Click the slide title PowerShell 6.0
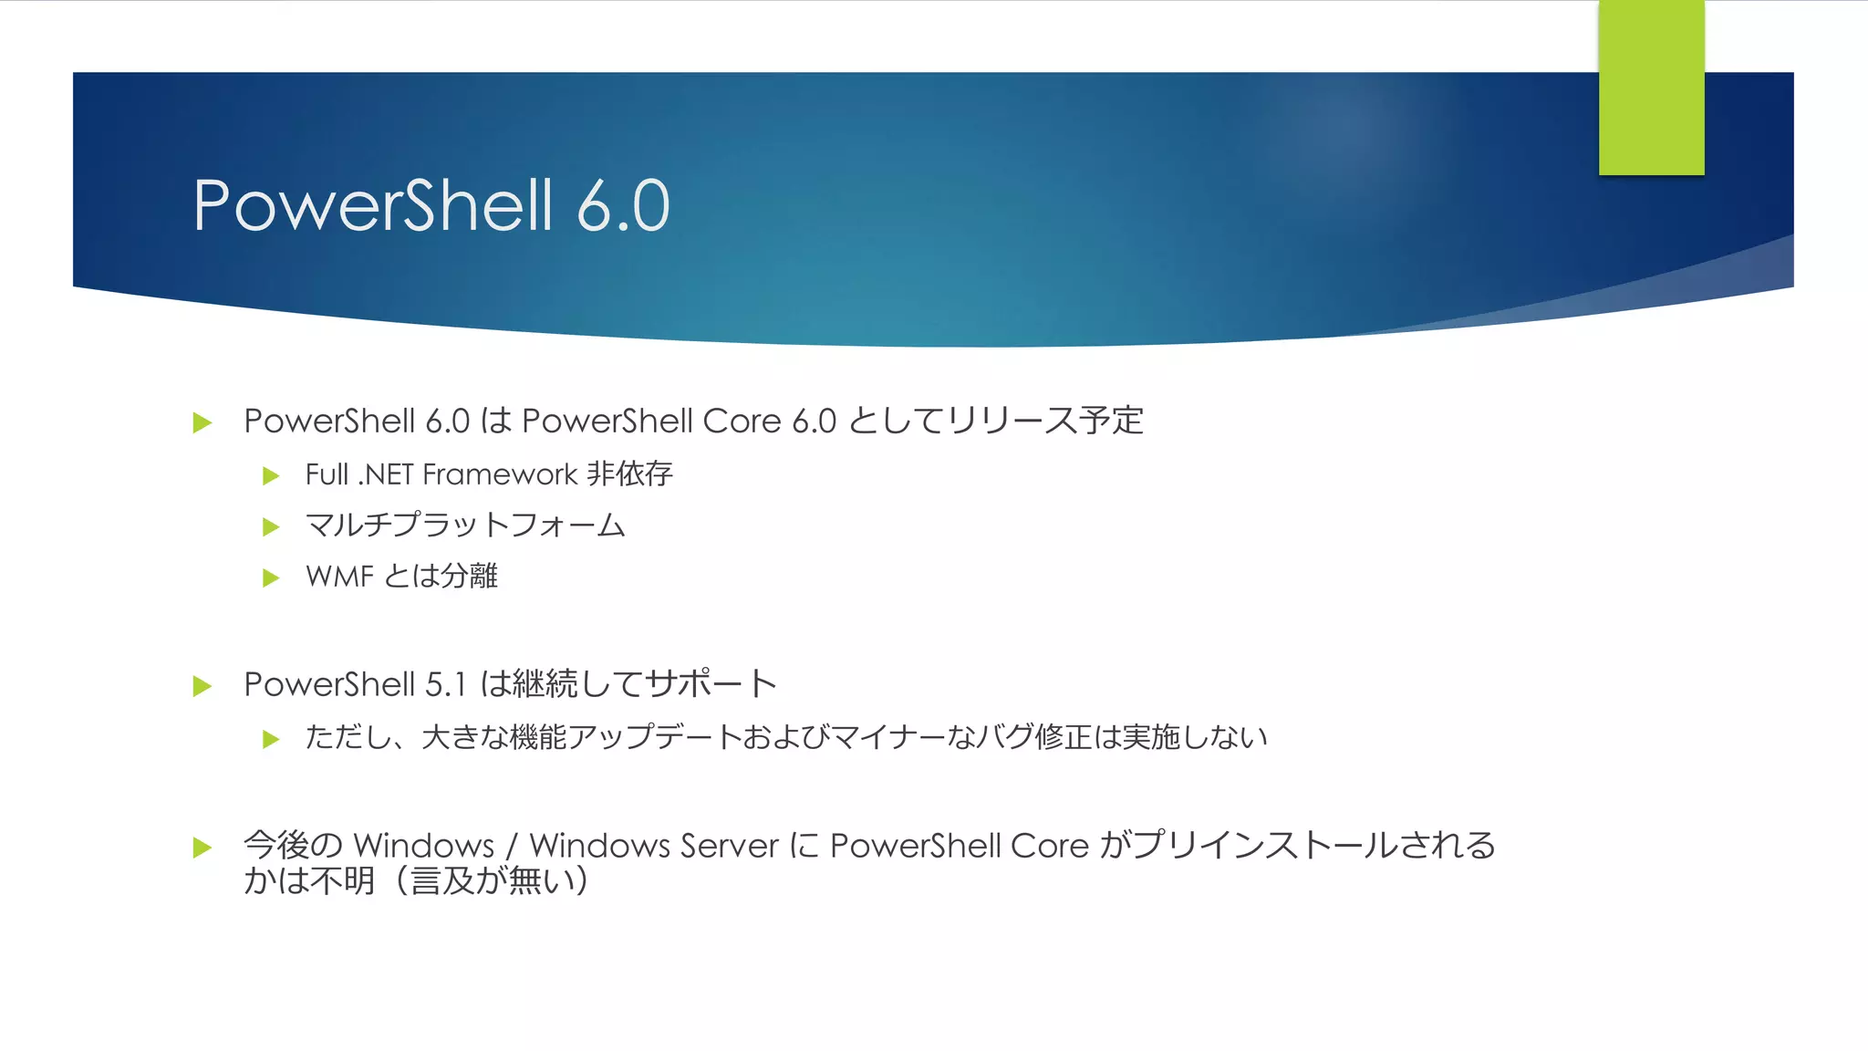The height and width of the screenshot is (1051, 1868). pyautogui.click(x=431, y=205)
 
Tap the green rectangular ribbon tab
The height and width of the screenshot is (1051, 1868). pyautogui.click(x=1651, y=88)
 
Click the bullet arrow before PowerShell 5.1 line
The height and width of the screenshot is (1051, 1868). pyautogui.click(x=202, y=686)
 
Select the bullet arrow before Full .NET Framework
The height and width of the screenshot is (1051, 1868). pyautogui.click(x=270, y=475)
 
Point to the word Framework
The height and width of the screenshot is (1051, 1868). pyautogui.click(x=500, y=474)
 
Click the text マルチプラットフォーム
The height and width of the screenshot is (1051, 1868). pyautogui.click(x=465, y=525)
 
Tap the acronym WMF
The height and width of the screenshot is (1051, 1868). pyautogui.click(x=339, y=577)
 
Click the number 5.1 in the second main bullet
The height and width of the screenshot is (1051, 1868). pyautogui.click(x=446, y=684)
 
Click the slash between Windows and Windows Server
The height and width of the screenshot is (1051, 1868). pyautogui.click(x=512, y=847)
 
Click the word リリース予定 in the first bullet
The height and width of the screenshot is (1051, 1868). pyautogui.click(x=1045, y=421)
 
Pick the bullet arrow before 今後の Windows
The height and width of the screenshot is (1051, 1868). pyautogui.click(x=202, y=848)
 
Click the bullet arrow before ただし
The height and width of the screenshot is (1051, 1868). pyautogui.click(x=270, y=738)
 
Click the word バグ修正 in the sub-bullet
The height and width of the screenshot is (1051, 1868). pyautogui.click(x=1033, y=736)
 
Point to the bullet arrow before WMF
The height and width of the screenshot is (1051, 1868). pyautogui.click(x=270, y=578)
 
